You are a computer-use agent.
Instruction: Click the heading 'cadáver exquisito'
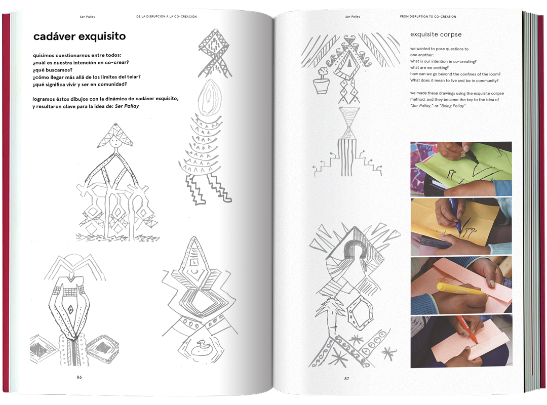80,36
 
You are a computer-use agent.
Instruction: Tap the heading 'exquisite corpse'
436,34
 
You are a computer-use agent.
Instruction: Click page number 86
79,377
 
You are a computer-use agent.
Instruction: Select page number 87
346,379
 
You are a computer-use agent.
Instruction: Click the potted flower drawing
321,80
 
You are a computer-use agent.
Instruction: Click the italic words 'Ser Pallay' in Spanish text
127,106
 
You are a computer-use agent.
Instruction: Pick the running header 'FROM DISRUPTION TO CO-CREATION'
427,16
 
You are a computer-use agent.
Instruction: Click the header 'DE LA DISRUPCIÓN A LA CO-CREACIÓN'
167,16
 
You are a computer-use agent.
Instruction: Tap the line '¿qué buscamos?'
52,70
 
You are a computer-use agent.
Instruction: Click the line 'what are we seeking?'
429,68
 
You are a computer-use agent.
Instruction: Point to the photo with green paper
461,169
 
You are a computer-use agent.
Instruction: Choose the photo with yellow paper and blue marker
461,227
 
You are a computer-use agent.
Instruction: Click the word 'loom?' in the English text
494,74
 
